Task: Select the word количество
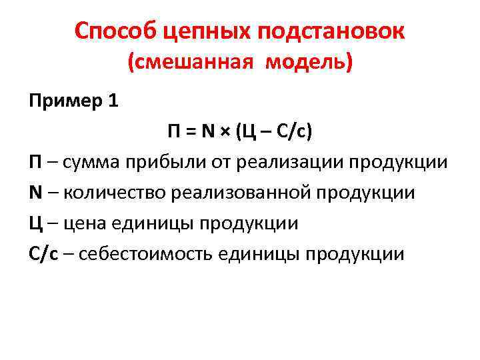coord(113,193)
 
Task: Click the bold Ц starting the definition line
coord(35,224)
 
